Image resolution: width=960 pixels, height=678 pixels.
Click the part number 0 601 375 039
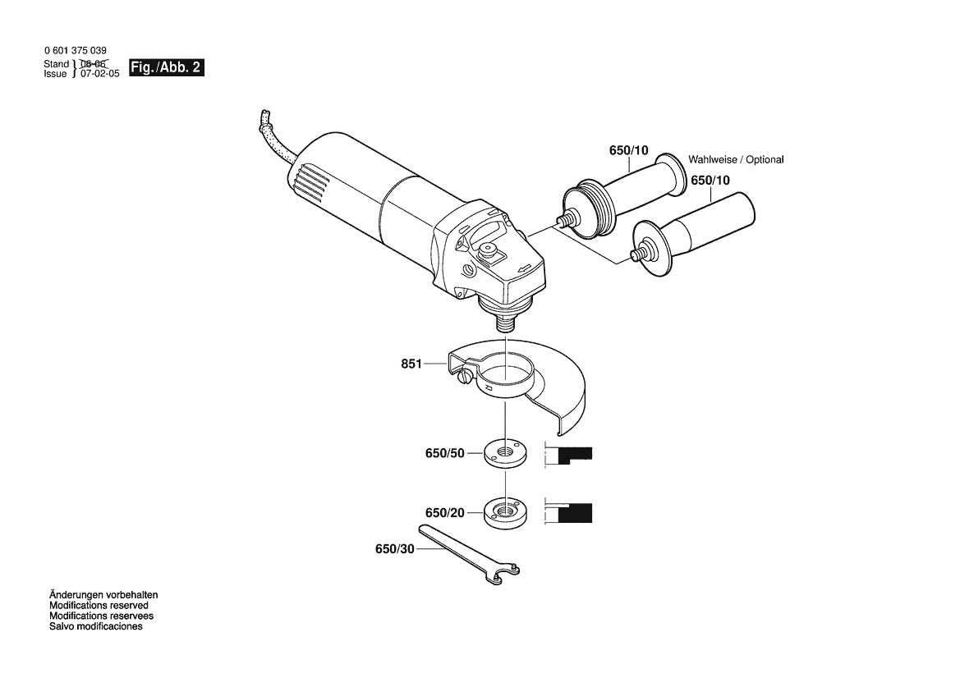point(75,51)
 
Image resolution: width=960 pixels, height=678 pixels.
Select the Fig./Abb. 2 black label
point(166,68)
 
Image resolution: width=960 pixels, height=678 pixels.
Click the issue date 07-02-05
point(99,74)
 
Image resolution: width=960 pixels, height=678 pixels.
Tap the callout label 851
point(411,364)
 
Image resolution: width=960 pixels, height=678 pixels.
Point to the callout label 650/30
point(395,549)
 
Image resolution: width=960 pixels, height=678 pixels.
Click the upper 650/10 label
point(628,150)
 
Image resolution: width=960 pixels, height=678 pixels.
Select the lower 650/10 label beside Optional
point(710,180)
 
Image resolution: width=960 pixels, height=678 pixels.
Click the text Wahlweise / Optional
point(736,160)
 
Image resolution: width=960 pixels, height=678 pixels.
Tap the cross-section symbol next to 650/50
point(570,455)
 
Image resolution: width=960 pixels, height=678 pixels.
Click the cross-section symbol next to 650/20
point(570,512)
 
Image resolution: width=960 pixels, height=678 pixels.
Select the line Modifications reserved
point(99,605)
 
